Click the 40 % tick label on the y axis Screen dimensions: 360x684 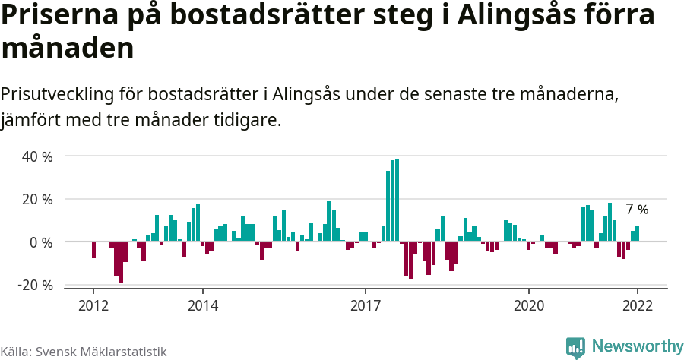pyautogui.click(x=36, y=156)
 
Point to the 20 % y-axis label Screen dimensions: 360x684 pyautogui.click(x=36, y=199)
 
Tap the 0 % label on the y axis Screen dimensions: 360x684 pyautogui.click(x=41, y=242)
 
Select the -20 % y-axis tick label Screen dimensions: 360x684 pyautogui.click(x=35, y=285)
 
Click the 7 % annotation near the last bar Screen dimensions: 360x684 pyautogui.click(x=637, y=210)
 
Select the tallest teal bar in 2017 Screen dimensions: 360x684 pyautogui.click(x=397, y=201)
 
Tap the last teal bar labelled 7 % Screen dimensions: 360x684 pyautogui.click(x=637, y=234)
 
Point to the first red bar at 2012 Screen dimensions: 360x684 pyautogui.click(x=93, y=250)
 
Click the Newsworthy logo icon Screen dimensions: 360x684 pyautogui.click(x=575, y=347)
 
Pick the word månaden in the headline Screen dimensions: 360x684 pyautogui.click(x=68, y=49)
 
